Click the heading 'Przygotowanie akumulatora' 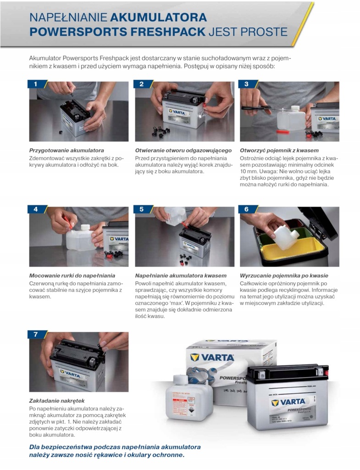point(66,151)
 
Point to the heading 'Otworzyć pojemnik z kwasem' point(279,151)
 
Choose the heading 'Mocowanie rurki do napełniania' point(72,276)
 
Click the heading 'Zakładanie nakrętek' point(57,401)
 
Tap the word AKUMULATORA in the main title point(159,17)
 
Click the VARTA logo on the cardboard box point(212,357)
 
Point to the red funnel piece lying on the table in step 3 point(283,132)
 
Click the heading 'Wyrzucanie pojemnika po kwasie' point(284,276)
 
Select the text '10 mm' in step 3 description point(247,172)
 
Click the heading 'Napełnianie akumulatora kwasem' point(181,276)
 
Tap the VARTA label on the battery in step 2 point(177,112)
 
